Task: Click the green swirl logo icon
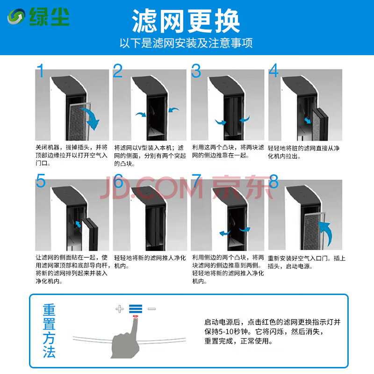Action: click(x=16, y=16)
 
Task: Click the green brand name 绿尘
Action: click(x=49, y=16)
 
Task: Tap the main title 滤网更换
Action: click(x=186, y=21)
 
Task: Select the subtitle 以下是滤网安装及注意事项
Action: click(x=186, y=43)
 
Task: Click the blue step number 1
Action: click(x=41, y=71)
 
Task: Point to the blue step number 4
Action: click(x=273, y=71)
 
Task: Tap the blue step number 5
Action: click(x=41, y=180)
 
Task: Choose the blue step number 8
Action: click(x=273, y=181)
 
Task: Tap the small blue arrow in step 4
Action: click(x=308, y=121)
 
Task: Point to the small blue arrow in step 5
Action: click(x=78, y=224)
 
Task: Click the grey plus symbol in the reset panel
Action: click(x=120, y=309)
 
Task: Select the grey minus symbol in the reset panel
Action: click(x=151, y=309)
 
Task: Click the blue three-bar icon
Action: click(x=136, y=309)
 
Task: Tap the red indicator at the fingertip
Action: click(x=136, y=317)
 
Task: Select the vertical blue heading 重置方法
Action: click(x=49, y=331)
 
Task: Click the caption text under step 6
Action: click(x=150, y=262)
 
